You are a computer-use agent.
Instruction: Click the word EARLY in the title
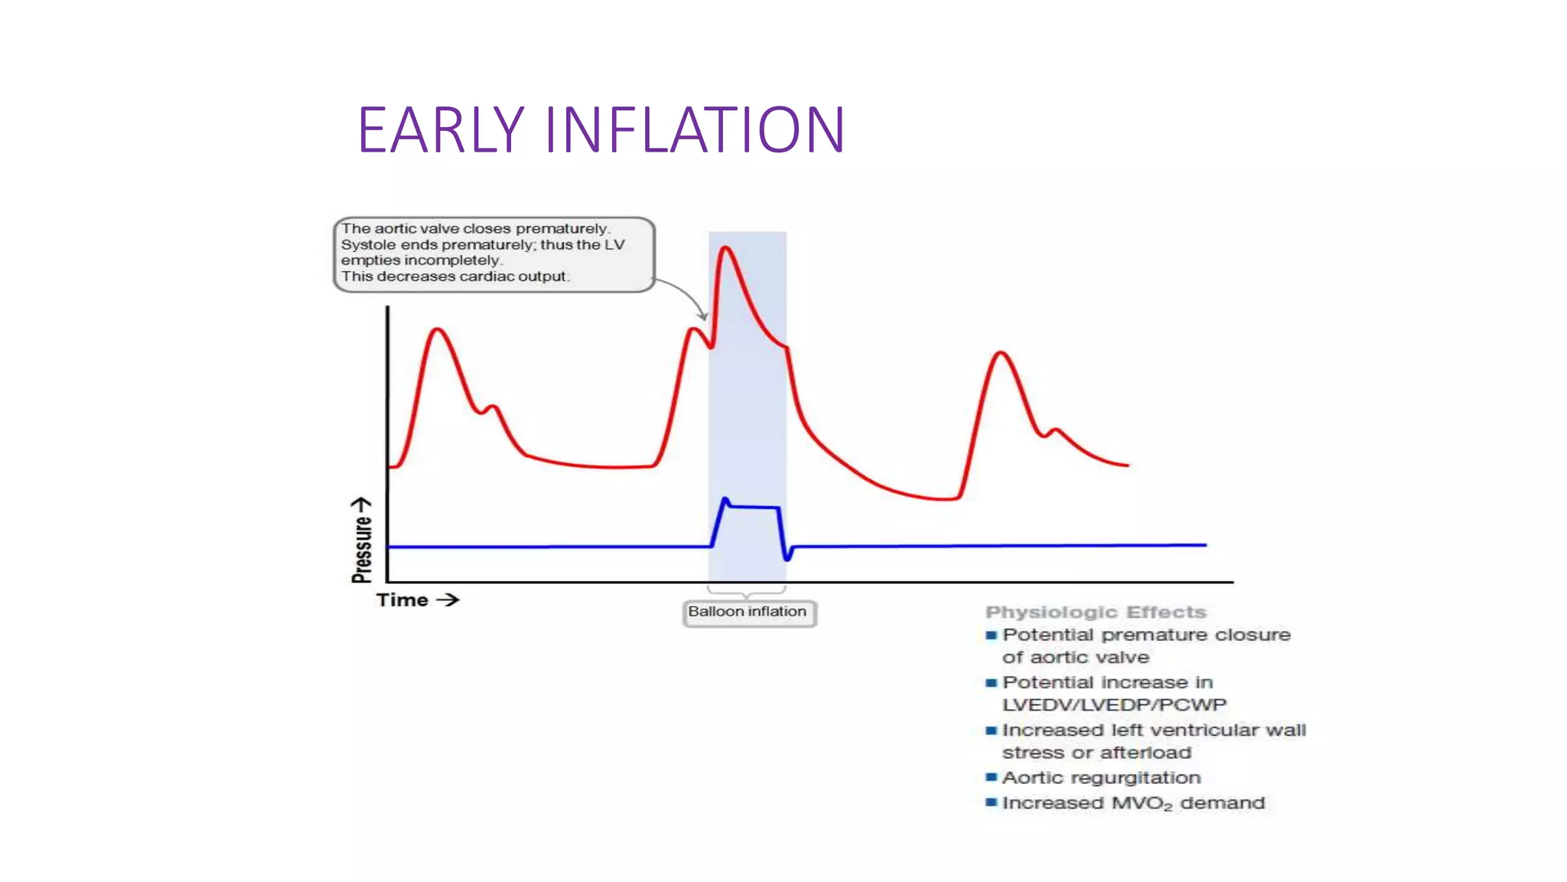(x=441, y=130)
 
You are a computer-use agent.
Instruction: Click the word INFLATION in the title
(x=694, y=130)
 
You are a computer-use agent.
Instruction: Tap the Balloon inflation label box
(x=748, y=612)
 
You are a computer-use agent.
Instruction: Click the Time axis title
(x=402, y=600)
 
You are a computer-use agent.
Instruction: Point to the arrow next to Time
(x=448, y=600)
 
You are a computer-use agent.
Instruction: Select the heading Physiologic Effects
(x=1095, y=612)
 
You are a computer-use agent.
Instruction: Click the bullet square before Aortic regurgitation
(x=992, y=778)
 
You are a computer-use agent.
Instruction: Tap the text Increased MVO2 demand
(x=1133, y=803)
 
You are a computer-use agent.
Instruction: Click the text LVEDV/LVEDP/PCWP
(x=1114, y=704)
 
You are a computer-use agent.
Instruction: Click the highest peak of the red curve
(x=725, y=247)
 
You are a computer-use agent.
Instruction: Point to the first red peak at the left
(x=438, y=329)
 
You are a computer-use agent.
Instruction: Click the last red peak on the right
(x=1001, y=352)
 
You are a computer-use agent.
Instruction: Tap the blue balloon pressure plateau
(x=754, y=507)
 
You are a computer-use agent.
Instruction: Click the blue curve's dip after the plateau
(x=787, y=558)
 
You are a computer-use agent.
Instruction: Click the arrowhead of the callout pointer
(x=703, y=316)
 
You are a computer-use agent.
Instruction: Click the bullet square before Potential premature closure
(x=992, y=635)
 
